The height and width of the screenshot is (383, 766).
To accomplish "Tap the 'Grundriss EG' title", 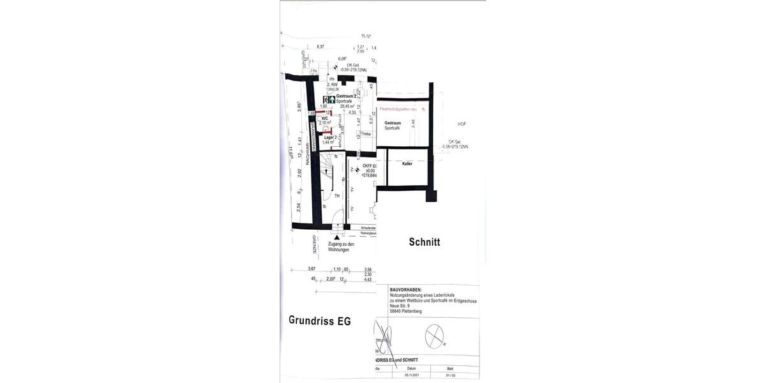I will pos(319,320).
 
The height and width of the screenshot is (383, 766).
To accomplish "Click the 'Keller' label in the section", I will pos(407,164).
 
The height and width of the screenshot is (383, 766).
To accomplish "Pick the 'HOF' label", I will pos(462,124).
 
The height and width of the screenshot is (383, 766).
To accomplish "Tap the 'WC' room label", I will pos(325,118).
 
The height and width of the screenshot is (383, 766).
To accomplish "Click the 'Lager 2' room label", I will pos(329,137).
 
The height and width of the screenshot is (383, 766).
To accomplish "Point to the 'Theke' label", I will pos(366,134).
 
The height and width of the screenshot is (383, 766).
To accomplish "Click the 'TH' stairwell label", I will pos(337,196).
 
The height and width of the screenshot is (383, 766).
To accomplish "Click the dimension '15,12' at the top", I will pos(366,36).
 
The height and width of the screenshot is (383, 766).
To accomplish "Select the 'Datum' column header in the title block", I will pos(412,368).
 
